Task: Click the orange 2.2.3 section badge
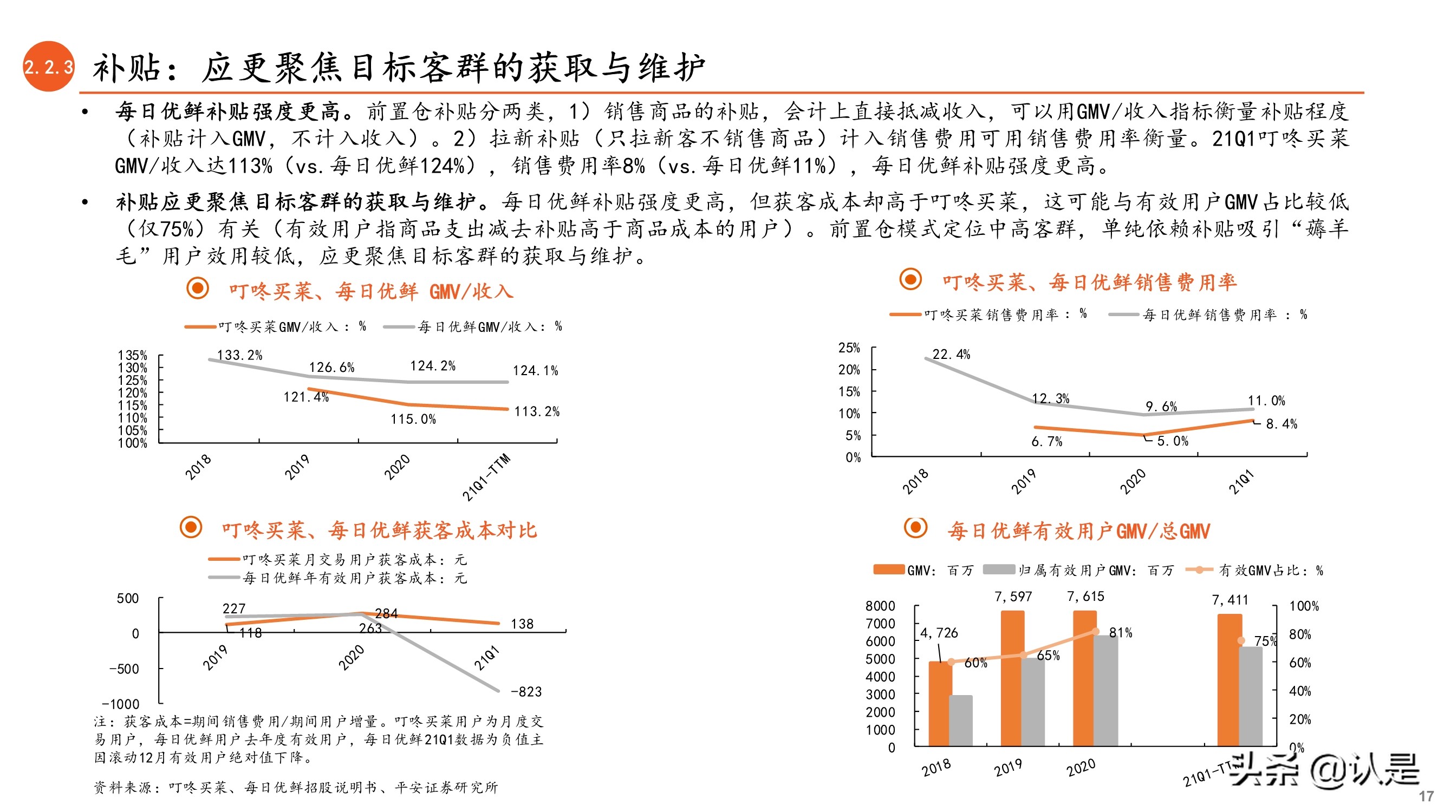click(x=48, y=67)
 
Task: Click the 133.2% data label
click(x=239, y=355)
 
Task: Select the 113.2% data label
click(x=536, y=412)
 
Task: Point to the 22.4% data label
click(x=951, y=355)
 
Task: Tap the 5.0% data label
click(x=1172, y=442)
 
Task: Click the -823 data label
click(x=526, y=692)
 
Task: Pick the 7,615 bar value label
click(x=1085, y=597)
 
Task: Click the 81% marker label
click(x=1121, y=633)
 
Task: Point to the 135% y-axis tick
click(x=132, y=356)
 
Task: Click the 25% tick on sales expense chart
click(x=849, y=348)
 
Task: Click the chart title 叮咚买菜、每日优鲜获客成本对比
click(x=379, y=530)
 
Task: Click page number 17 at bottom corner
click(x=1426, y=796)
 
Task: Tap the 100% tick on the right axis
click(x=1304, y=606)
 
